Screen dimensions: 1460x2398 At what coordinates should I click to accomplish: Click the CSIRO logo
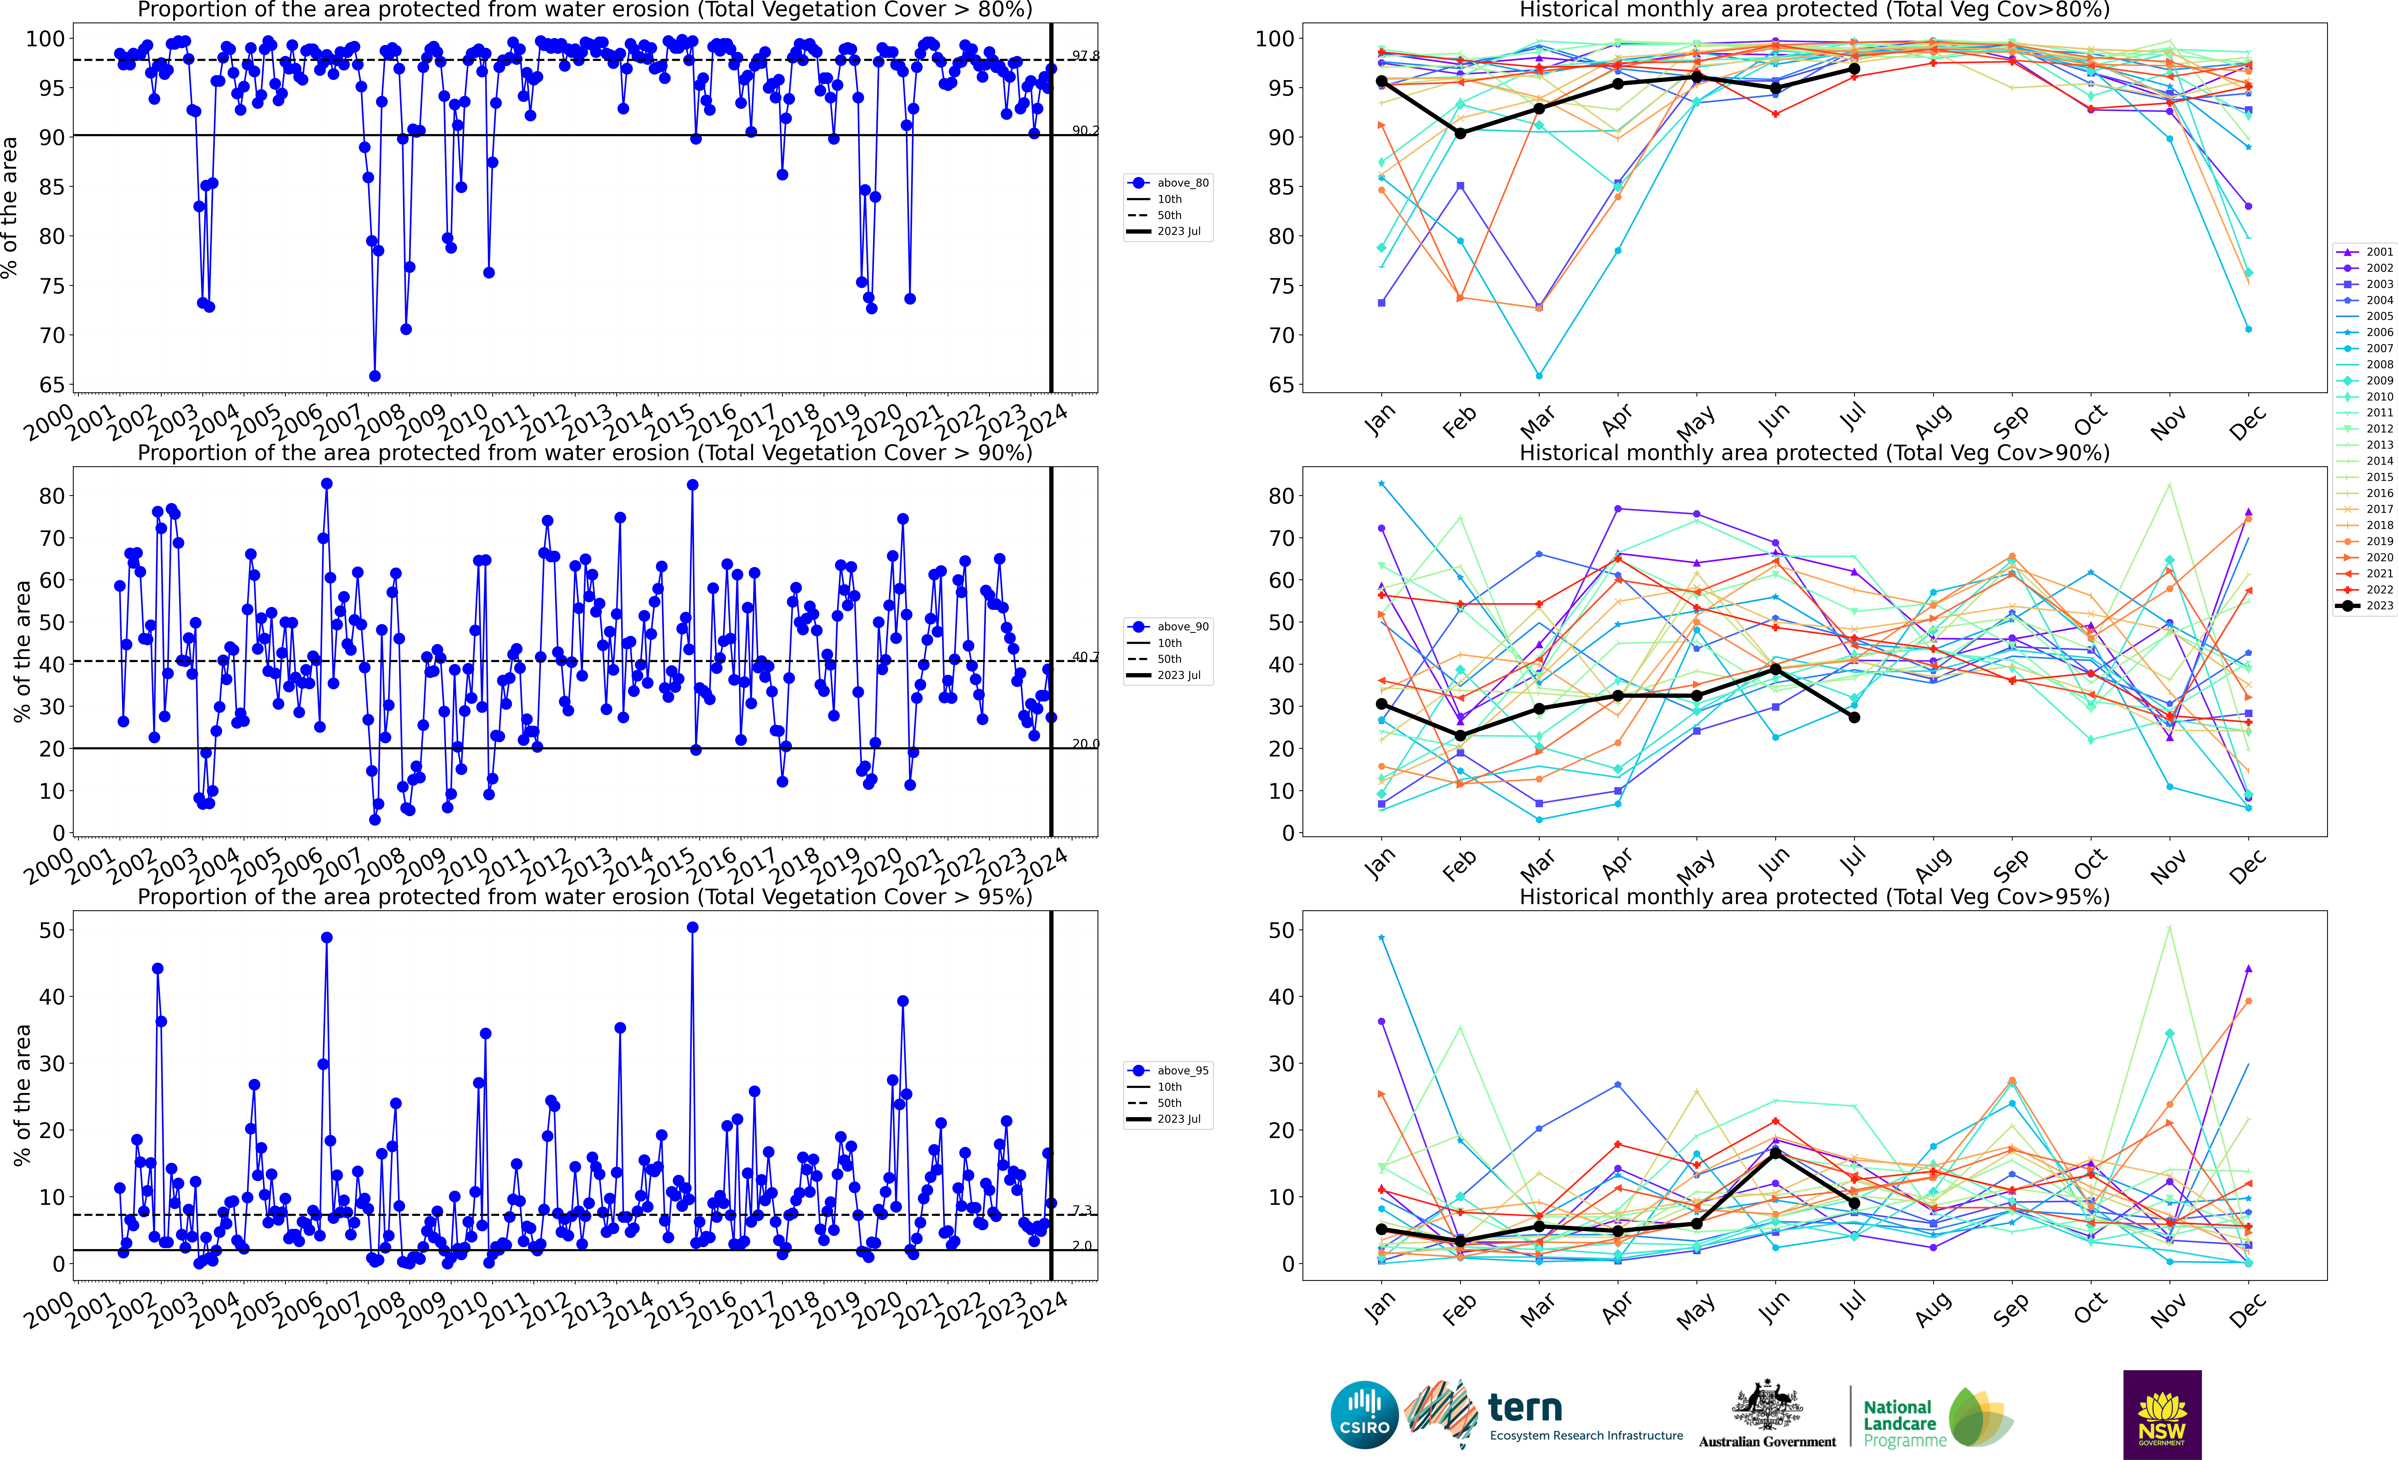[1364, 1414]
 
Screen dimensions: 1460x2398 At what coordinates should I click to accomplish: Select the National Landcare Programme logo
[1937, 1417]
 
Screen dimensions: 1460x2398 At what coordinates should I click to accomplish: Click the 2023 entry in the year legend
[2365, 605]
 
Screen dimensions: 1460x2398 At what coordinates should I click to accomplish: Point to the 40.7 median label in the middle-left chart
[1085, 657]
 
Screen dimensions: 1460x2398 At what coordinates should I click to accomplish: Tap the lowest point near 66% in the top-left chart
[375, 376]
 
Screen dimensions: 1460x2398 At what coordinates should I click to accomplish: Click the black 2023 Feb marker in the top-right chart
[1460, 133]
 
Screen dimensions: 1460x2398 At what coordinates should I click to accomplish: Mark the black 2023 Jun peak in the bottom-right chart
[1775, 1153]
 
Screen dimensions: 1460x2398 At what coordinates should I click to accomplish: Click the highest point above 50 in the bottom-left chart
[692, 928]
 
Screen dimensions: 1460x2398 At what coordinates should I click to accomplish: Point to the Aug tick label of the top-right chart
[1932, 421]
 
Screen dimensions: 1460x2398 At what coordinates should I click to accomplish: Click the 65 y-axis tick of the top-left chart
[52, 384]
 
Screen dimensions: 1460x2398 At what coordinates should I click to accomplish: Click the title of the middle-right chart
[1814, 453]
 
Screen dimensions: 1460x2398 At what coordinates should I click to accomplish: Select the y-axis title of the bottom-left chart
[21, 1095]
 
